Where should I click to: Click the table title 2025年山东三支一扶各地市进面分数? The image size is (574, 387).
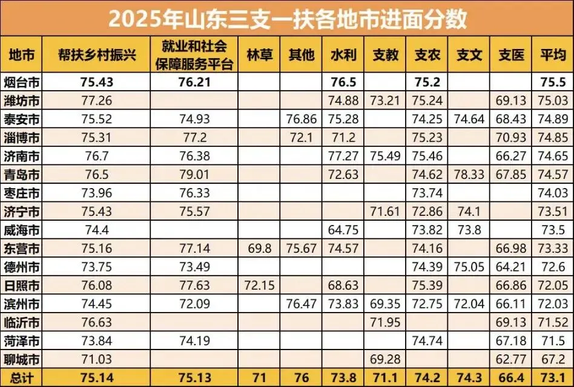point(287,18)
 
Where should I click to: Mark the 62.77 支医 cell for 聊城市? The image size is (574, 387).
point(511,360)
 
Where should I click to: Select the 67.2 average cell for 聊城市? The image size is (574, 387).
point(552,360)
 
